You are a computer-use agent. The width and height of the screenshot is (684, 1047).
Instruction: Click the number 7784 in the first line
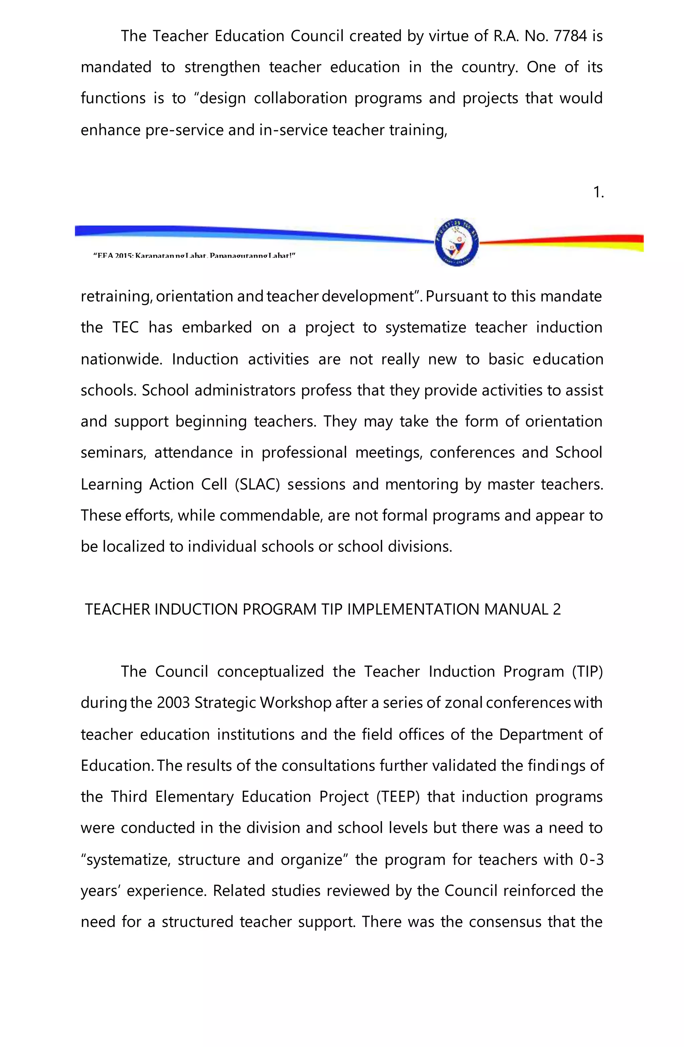click(570, 36)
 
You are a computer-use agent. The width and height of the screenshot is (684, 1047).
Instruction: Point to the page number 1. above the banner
click(598, 192)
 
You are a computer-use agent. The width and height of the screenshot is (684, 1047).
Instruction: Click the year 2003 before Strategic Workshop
click(173, 703)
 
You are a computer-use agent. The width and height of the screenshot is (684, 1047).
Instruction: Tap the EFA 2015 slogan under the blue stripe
click(194, 256)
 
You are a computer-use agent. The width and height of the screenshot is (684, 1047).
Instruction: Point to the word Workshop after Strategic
click(295, 703)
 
